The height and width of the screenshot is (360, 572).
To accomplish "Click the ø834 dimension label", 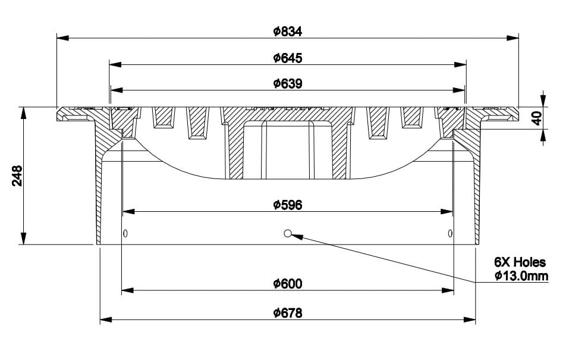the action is pyautogui.click(x=288, y=32).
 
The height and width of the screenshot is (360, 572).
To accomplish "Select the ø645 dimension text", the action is pyautogui.click(x=288, y=58).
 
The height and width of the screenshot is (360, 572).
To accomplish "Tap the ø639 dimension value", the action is pyautogui.click(x=288, y=84).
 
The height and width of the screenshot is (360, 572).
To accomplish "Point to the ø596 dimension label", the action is pyautogui.click(x=288, y=205).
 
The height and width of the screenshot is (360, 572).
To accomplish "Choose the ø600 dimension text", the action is pyautogui.click(x=288, y=284).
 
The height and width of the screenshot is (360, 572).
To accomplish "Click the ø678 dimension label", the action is pyautogui.click(x=288, y=313).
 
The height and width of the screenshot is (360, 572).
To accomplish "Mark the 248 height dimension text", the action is pyautogui.click(x=17, y=176).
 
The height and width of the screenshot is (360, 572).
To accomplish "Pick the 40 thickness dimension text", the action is pyautogui.click(x=536, y=118).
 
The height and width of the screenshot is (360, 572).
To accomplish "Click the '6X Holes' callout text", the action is pyautogui.click(x=520, y=262).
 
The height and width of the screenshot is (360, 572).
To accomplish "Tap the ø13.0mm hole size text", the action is pyautogui.click(x=521, y=276).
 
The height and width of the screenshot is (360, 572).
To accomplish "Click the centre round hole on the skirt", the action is pyautogui.click(x=288, y=233).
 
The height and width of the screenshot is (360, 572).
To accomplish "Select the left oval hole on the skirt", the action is pyautogui.click(x=125, y=233).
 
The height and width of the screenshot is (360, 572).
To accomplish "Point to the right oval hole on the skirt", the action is pyautogui.click(x=450, y=233).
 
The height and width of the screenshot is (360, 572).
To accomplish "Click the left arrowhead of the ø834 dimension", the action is pyautogui.click(x=63, y=37).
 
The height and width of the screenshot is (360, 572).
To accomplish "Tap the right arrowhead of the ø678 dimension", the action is pyautogui.click(x=470, y=320).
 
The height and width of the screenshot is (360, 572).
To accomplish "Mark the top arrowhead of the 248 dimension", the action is pyautogui.click(x=23, y=113).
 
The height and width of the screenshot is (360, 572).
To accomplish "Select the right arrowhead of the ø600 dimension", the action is pyautogui.click(x=448, y=290).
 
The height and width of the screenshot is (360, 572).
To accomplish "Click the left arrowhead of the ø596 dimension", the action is pyautogui.click(x=129, y=211).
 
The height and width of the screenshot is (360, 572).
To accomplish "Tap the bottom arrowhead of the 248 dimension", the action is pyautogui.click(x=23, y=239).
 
